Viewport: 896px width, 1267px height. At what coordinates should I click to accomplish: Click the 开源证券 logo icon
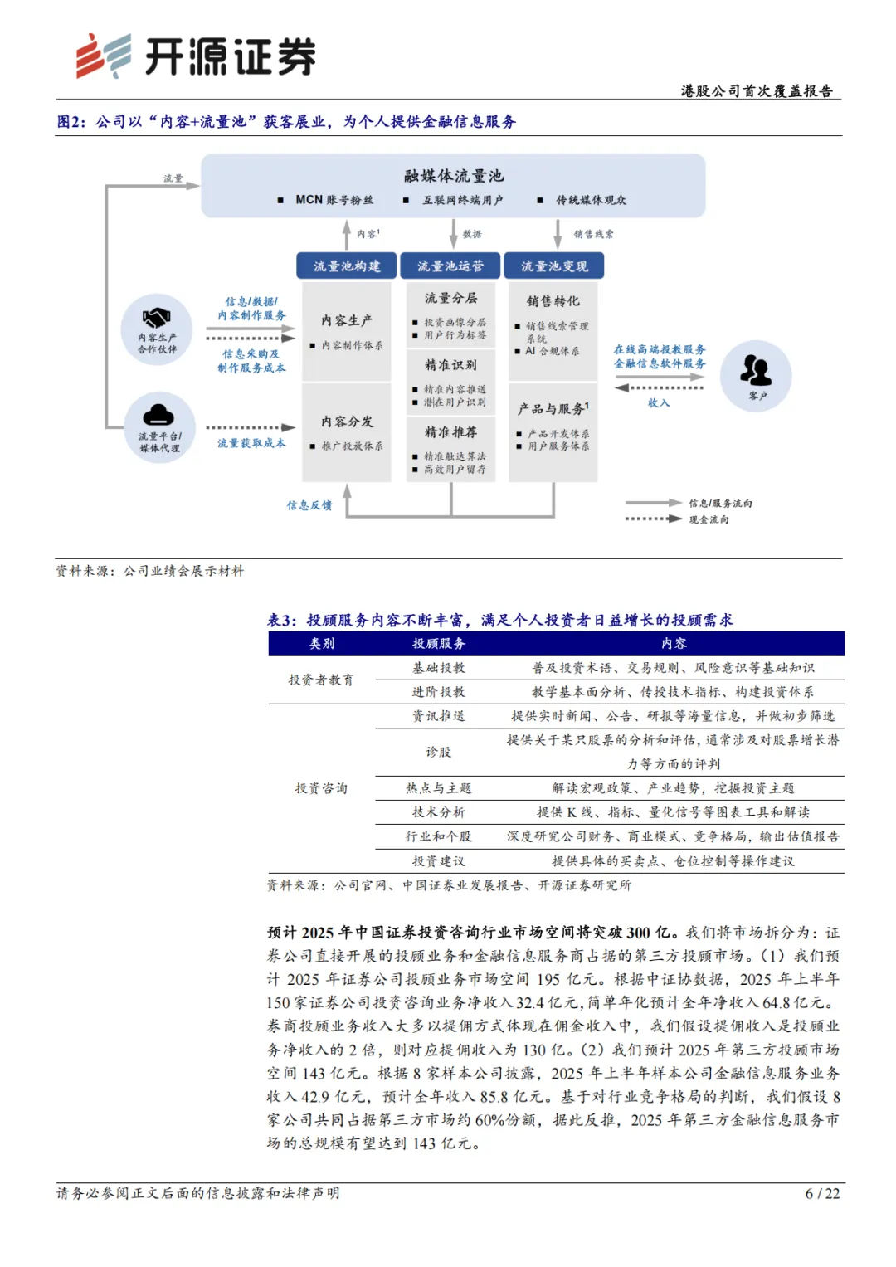(103, 56)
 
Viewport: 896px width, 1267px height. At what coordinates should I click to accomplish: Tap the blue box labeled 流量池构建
(347, 266)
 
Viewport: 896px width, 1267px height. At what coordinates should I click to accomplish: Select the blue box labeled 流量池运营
(450, 266)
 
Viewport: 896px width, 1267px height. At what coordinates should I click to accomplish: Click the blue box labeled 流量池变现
(554, 266)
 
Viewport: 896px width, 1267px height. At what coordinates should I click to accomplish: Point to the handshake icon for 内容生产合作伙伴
(156, 318)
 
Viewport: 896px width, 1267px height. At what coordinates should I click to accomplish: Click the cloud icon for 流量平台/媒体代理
(158, 415)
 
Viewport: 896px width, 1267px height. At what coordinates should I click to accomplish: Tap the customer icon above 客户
(755, 370)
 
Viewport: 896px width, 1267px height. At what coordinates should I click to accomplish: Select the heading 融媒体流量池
(454, 176)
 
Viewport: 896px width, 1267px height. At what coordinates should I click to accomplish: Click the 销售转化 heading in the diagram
(553, 301)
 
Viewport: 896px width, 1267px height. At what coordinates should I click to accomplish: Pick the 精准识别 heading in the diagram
(450, 365)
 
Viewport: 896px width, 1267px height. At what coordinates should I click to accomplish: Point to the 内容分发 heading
(347, 422)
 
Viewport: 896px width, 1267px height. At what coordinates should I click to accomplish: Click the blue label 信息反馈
(309, 505)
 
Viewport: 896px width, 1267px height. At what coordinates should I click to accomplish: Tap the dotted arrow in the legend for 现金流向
(653, 519)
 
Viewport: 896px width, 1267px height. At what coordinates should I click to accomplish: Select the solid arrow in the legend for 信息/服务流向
(653, 503)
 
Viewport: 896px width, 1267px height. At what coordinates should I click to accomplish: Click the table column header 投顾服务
(439, 644)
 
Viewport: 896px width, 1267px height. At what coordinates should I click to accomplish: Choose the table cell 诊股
(439, 752)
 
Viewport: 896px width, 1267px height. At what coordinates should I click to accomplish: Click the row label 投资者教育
(321, 680)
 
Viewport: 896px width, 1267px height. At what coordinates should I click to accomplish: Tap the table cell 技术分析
(439, 812)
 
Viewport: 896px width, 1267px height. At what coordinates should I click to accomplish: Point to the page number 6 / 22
(822, 1194)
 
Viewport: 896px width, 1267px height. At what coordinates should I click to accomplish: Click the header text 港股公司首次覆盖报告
(757, 91)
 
